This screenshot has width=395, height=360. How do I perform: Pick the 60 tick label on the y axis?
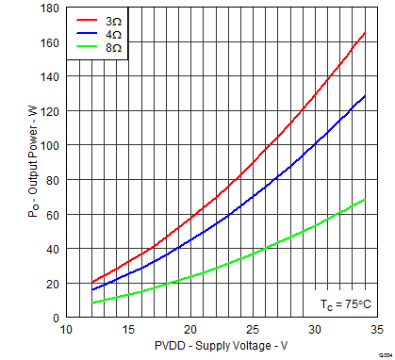coord(52,215)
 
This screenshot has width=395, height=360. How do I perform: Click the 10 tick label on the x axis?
coord(66,331)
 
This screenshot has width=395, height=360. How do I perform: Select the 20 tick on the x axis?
coord(189,331)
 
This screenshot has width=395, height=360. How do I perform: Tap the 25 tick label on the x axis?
coord(252,331)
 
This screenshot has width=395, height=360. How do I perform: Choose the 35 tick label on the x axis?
coord(375,331)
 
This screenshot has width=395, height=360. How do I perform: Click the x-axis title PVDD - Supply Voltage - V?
coord(221,348)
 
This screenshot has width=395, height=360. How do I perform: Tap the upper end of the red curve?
coord(365,33)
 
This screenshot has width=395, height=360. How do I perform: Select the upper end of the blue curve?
coord(365,96)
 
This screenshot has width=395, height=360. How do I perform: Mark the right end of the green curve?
coord(365,199)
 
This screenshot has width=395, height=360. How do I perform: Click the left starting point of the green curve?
coord(91,303)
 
